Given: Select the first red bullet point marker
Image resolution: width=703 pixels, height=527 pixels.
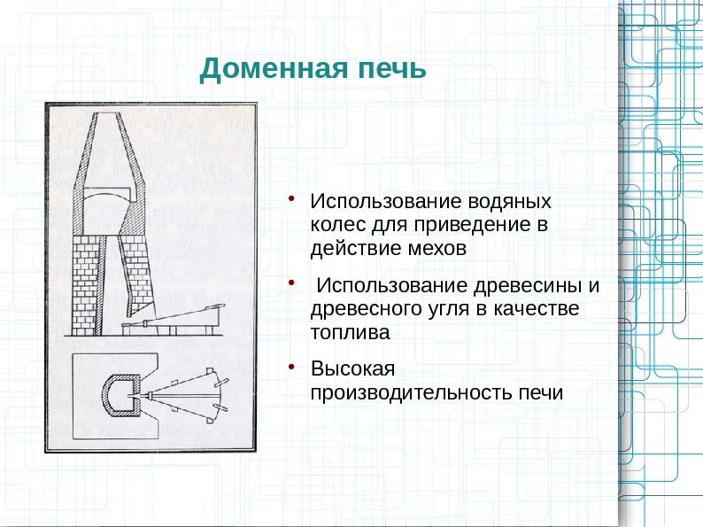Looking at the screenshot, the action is click(x=290, y=196).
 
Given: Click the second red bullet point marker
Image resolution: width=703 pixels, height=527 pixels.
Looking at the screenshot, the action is click(x=290, y=281).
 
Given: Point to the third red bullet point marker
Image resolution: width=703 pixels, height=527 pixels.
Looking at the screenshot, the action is click(x=290, y=363).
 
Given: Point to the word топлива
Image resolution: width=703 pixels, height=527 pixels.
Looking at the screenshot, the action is click(x=350, y=332).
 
